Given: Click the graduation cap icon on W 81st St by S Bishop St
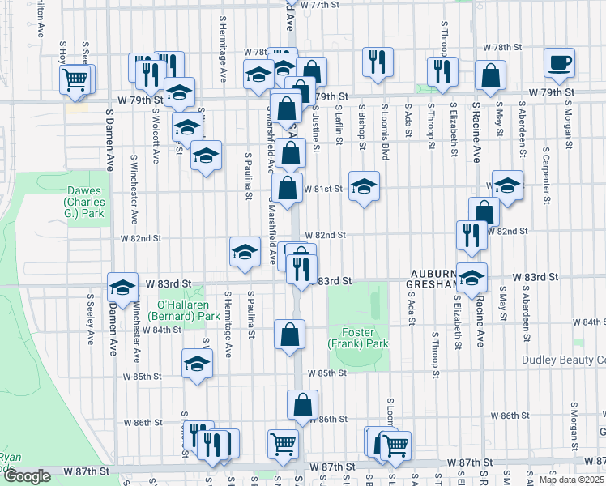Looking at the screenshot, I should [364, 186].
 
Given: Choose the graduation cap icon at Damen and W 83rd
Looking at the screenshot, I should [122, 287].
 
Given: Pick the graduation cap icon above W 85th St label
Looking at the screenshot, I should [197, 364].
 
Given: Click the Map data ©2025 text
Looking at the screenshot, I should [570, 480].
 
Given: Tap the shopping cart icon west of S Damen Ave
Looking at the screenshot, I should [75, 79].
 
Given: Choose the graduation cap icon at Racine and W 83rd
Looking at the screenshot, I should [472, 277].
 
